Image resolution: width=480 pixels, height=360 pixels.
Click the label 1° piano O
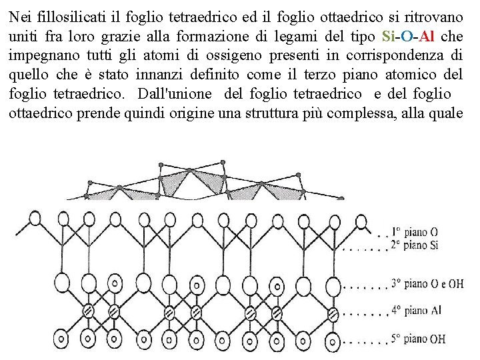(415, 232)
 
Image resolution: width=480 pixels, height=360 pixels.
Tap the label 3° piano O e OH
(427, 283)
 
